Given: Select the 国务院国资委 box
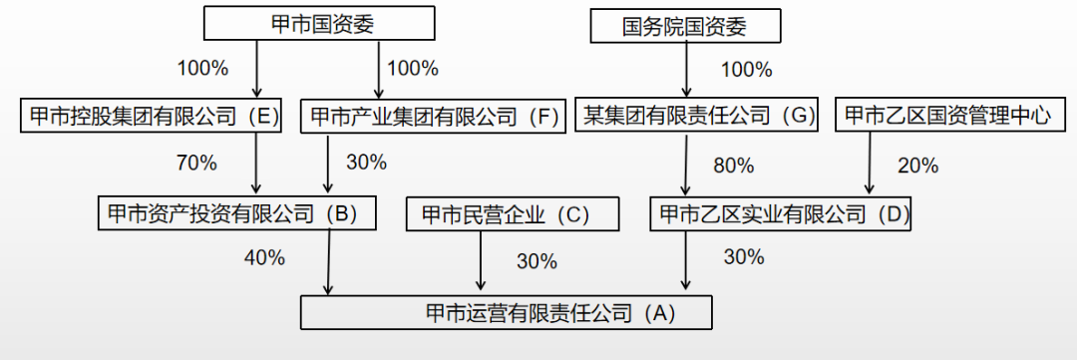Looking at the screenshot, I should tap(684, 27).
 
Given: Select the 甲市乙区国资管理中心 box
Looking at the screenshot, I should tap(946, 116).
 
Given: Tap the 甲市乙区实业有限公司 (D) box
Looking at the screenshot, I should tap(780, 213).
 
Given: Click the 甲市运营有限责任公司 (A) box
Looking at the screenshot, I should tap(507, 313).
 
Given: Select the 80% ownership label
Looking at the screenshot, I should tap(733, 165).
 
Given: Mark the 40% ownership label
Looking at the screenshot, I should tap(264, 258).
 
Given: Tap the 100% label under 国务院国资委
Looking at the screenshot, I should tap(746, 70).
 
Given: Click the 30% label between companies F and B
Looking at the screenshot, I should tap(366, 163).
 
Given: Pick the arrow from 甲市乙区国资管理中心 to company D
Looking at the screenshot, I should tap(869, 164).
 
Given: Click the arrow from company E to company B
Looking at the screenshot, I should tap(256, 164).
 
